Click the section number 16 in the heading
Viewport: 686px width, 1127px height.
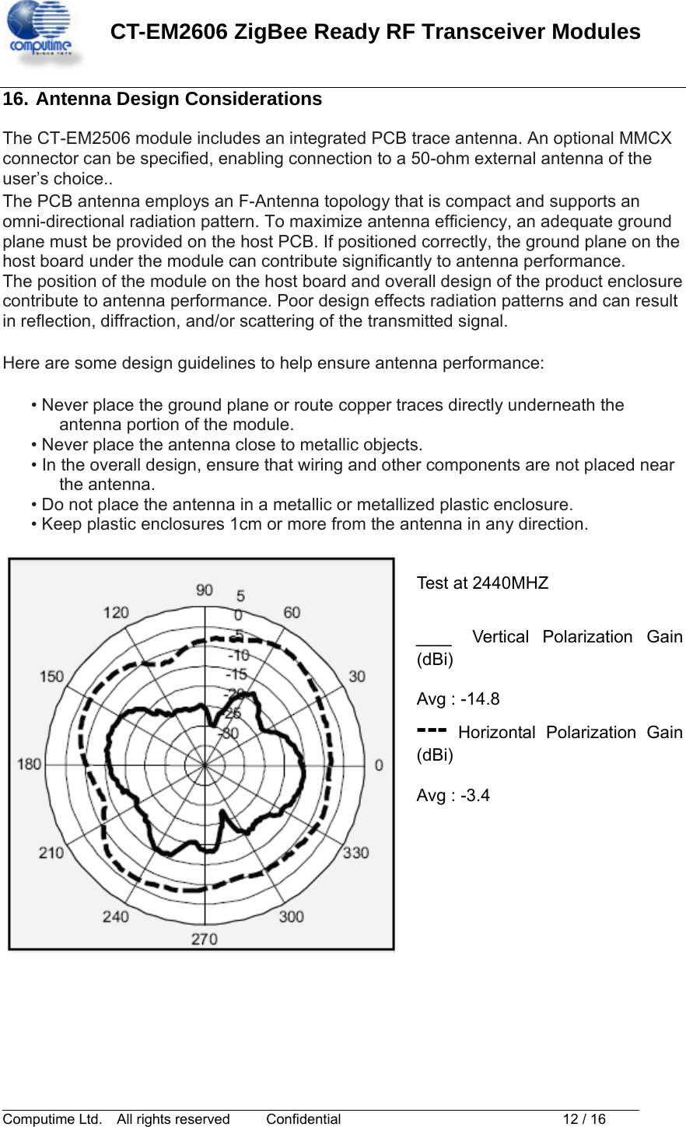pyautogui.click(x=15, y=100)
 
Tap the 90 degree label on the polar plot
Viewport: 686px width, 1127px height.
pyautogui.click(x=205, y=590)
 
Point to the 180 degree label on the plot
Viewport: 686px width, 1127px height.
pyautogui.click(x=30, y=764)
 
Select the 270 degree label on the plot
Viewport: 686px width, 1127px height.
pyautogui.click(x=205, y=939)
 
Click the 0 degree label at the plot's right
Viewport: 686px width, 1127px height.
pyautogui.click(x=379, y=765)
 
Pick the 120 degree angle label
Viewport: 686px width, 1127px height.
pyautogui.click(x=116, y=613)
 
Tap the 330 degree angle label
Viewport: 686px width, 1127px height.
pyautogui.click(x=355, y=853)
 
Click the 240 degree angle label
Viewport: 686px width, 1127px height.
pyautogui.click(x=115, y=916)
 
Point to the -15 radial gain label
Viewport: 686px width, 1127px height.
pyautogui.click(x=236, y=674)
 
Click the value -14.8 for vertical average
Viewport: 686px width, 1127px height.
pyautogui.click(x=480, y=699)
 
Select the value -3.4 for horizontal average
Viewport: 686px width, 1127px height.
pyautogui.click(x=474, y=796)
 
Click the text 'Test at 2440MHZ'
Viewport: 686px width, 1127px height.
pyautogui.click(x=482, y=583)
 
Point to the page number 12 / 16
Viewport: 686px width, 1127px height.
pyautogui.click(x=584, y=1119)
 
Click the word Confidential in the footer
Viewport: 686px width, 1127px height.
pyautogui.click(x=303, y=1119)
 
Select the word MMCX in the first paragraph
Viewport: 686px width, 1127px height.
pyautogui.click(x=645, y=138)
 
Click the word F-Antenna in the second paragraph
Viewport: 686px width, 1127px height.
pyautogui.click(x=276, y=201)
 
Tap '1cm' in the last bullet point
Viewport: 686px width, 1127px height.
pyautogui.click(x=246, y=524)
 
